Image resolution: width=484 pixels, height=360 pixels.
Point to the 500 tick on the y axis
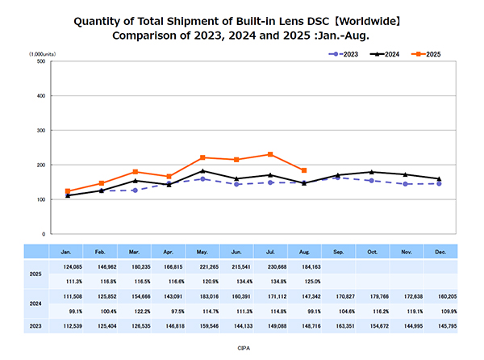pos(40,61)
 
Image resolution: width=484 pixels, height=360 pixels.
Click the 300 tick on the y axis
pos(40,130)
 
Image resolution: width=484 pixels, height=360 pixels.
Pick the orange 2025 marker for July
pos(269,154)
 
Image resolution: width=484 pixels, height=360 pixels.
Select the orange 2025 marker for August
pos(303,170)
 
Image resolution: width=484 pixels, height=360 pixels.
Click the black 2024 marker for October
pos(371,172)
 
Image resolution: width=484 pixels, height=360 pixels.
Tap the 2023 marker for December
pos(439,183)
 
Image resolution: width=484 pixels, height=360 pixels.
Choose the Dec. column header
pos(439,251)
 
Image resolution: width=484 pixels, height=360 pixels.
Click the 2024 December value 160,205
pos(439,297)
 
